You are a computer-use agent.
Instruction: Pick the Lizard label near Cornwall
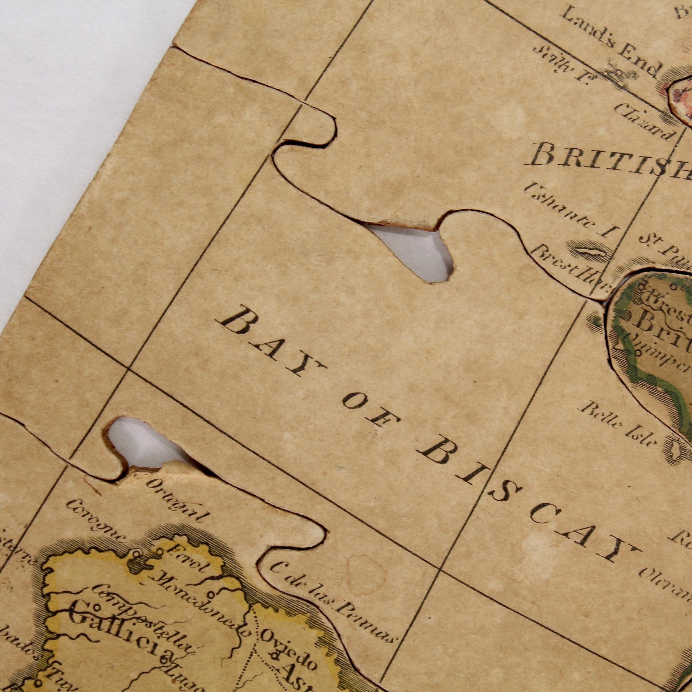645,122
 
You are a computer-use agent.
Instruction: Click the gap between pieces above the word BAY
412,251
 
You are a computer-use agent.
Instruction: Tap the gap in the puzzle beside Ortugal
143,444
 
